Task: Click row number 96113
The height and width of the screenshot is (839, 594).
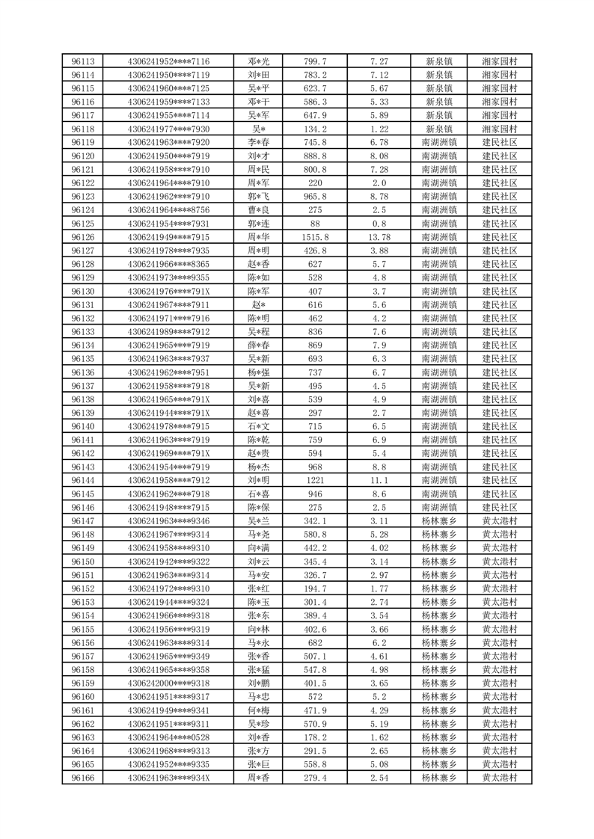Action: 83,61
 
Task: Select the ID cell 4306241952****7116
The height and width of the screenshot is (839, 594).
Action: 168,61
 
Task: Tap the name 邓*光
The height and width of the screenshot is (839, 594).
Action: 258,61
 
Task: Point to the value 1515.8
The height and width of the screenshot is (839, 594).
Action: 316,237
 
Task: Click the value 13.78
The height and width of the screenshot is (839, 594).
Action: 379,237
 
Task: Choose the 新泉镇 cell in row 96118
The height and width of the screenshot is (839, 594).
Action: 439,129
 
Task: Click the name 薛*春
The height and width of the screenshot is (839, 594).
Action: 258,345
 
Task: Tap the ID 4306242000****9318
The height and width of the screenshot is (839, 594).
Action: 168,683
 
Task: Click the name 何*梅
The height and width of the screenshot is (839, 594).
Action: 258,710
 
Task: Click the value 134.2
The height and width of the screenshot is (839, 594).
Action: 316,129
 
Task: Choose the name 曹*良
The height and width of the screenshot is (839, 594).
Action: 258,210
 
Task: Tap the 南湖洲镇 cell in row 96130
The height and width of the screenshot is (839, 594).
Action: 439,291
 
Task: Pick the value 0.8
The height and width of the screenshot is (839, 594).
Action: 379,224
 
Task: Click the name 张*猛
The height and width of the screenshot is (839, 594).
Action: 258,670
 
